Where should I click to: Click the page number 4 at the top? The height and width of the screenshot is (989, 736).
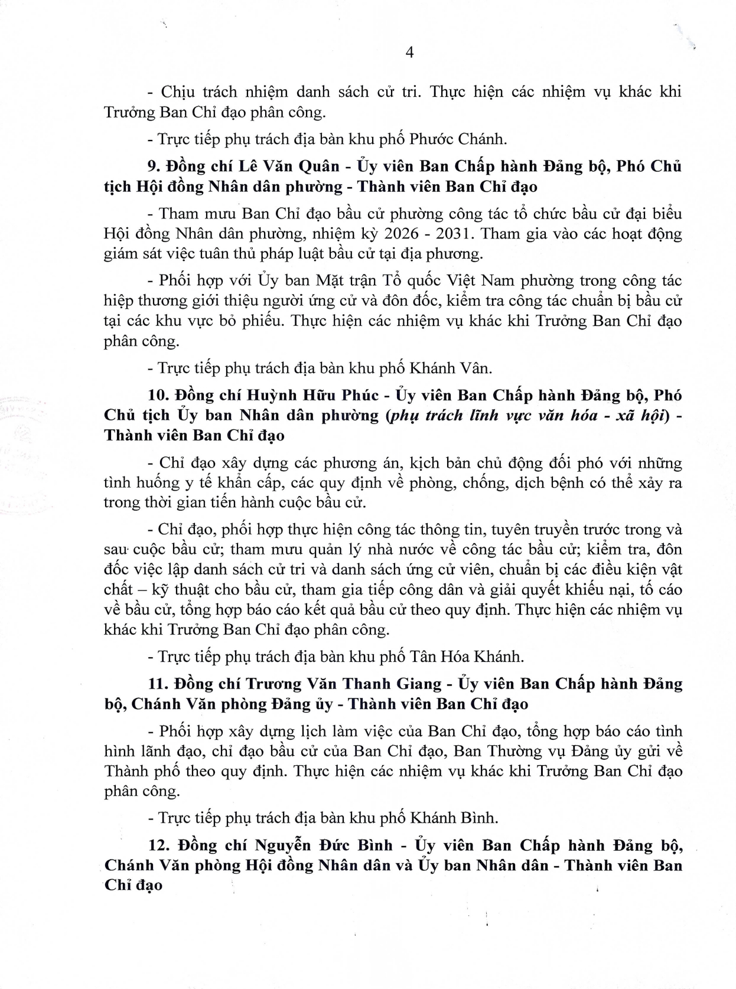[x=410, y=53]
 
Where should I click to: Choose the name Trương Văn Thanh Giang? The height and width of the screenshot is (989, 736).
[x=343, y=684]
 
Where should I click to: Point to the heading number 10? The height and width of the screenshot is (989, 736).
[x=156, y=395]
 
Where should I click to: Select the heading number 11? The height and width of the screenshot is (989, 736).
[x=155, y=684]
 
